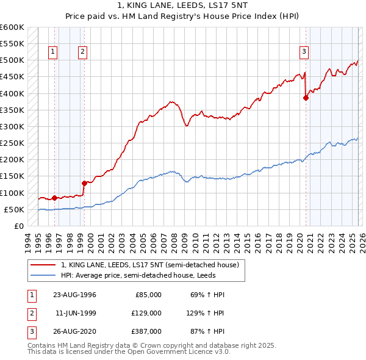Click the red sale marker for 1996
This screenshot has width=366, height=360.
55,198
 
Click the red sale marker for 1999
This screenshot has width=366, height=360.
84,182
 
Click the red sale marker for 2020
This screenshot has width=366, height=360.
306,98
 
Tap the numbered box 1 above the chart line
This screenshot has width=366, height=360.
54,52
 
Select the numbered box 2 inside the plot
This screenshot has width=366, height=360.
82,52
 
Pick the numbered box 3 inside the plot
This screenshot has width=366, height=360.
304,52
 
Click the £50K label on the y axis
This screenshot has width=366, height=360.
14,209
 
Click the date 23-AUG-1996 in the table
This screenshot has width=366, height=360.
74,295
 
